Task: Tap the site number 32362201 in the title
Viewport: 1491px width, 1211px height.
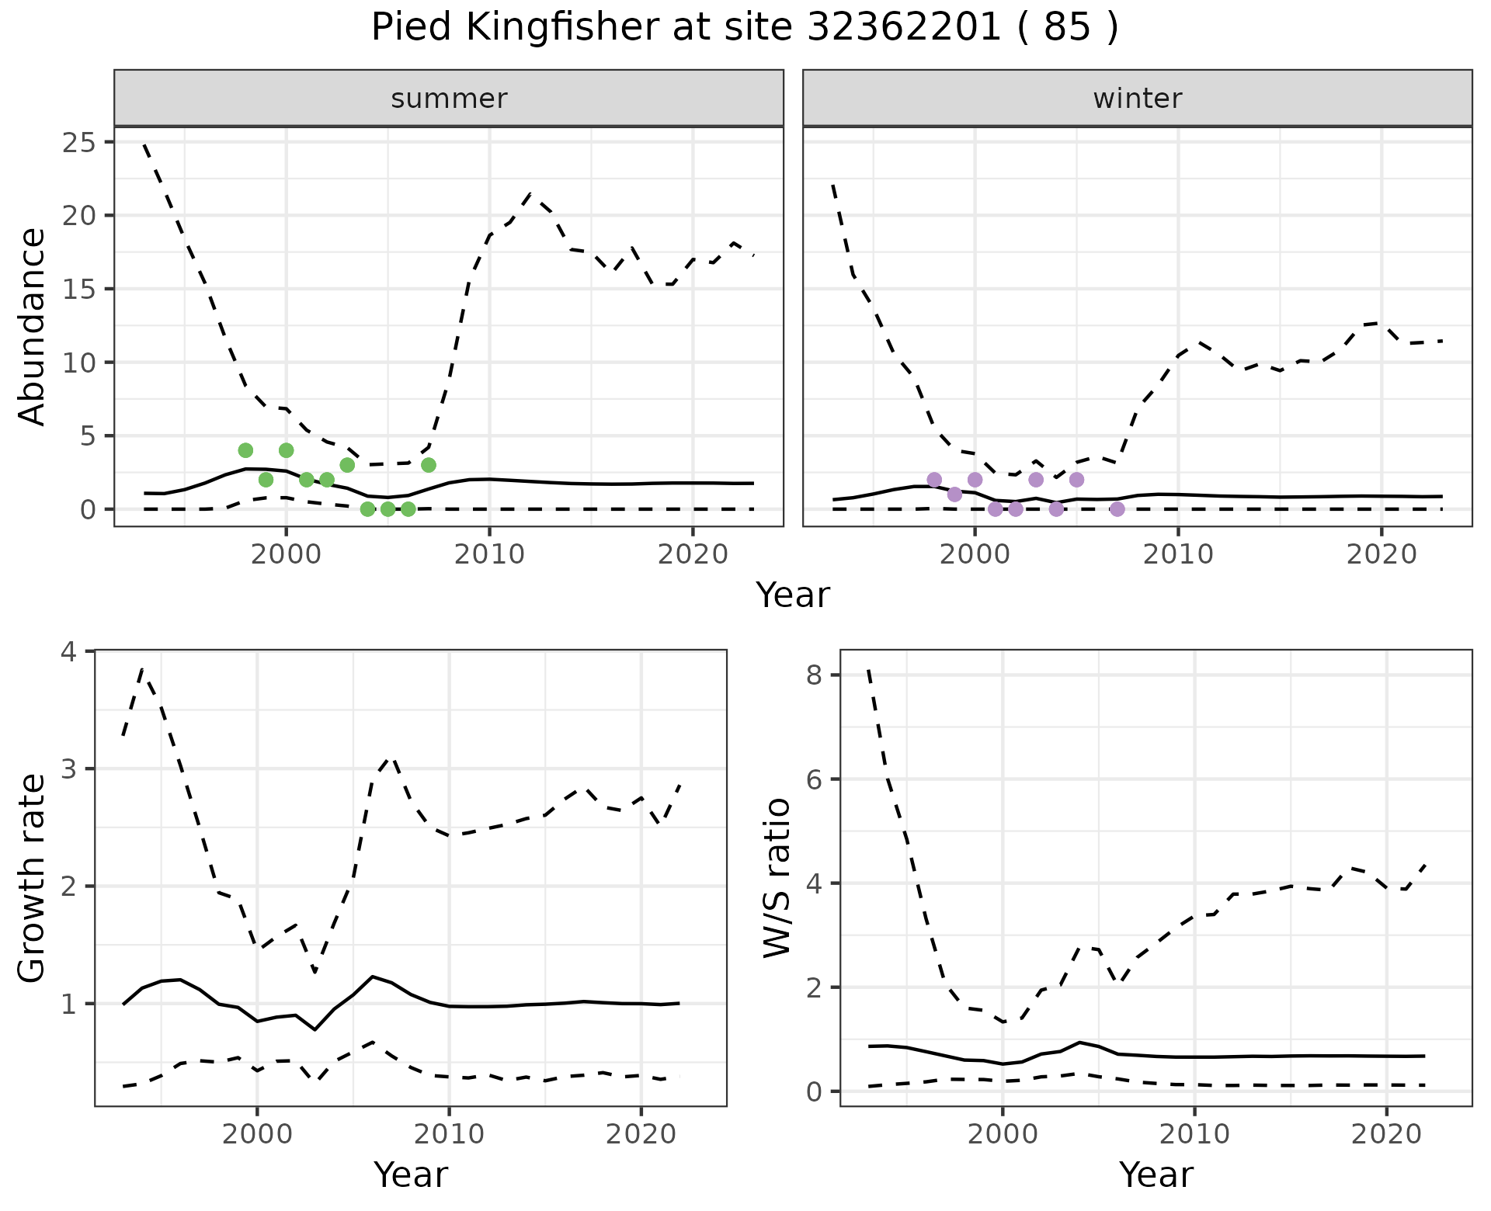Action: pos(904,28)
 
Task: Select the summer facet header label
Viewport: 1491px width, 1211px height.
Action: pos(449,99)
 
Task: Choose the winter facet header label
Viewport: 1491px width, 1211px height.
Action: pos(1137,99)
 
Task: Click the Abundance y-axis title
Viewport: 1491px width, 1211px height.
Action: pos(32,326)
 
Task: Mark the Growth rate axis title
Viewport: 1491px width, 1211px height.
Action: pos(32,879)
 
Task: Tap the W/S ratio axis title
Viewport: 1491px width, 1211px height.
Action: pos(777,879)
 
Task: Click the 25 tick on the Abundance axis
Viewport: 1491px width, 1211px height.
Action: pos(76,143)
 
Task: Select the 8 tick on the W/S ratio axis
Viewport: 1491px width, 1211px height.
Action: pos(813,675)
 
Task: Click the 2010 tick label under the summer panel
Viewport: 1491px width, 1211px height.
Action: pos(489,554)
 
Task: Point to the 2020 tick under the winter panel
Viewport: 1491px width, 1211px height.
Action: pos(1382,554)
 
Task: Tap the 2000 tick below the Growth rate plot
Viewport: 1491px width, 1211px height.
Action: pos(257,1134)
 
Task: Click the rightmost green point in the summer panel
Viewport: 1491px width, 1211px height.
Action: pos(429,465)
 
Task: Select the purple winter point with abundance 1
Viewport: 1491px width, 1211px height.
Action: pos(954,494)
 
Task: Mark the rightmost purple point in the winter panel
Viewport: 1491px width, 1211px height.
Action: pos(1117,509)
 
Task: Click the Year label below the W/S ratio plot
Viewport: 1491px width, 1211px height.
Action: pos(1156,1175)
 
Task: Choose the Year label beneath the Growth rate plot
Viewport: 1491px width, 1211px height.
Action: pos(411,1175)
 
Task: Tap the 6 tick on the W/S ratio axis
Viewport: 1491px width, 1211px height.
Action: pos(813,779)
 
